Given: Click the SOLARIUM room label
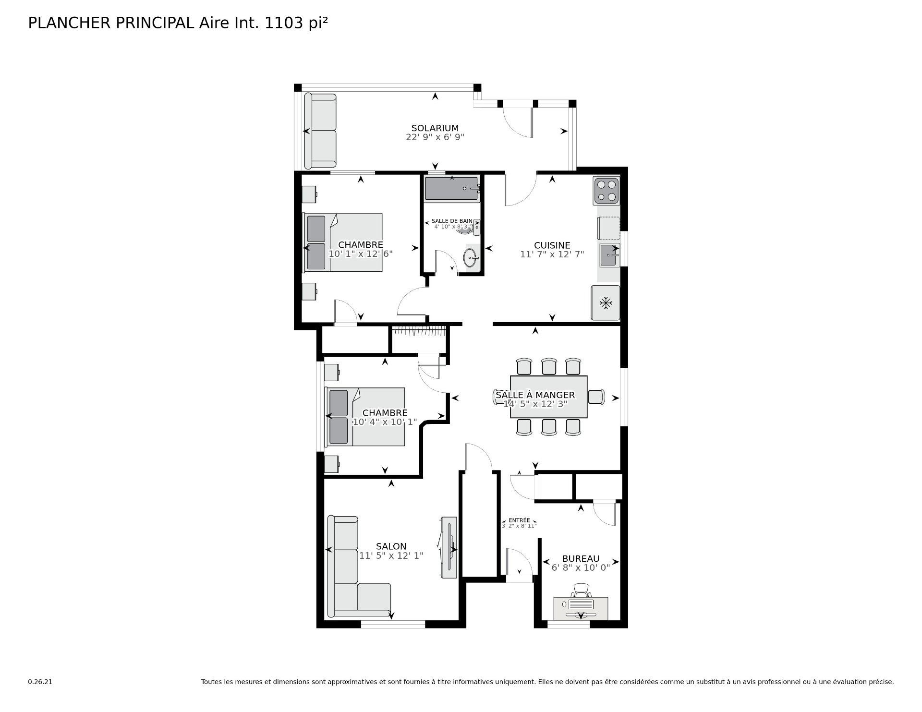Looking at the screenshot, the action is coord(435,128).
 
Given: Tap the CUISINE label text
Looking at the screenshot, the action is coord(552,245).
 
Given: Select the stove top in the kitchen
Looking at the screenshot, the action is coord(607,191).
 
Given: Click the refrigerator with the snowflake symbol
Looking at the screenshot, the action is coord(606,303).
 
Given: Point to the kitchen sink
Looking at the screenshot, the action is coord(609,255).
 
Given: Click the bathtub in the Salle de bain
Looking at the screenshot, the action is coord(452,188).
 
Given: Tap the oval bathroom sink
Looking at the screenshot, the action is coord(471,258).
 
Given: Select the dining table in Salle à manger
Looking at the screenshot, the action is coord(549,397).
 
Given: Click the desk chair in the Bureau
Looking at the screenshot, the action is coord(581,590).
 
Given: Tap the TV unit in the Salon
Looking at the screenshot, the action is coord(449,548).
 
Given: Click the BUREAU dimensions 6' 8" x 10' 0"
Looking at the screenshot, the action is coord(581,567).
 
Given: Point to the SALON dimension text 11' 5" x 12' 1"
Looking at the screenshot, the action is coord(391,555).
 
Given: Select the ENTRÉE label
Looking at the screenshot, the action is coord(519,520).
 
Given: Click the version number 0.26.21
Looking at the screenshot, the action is coord(40,682).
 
